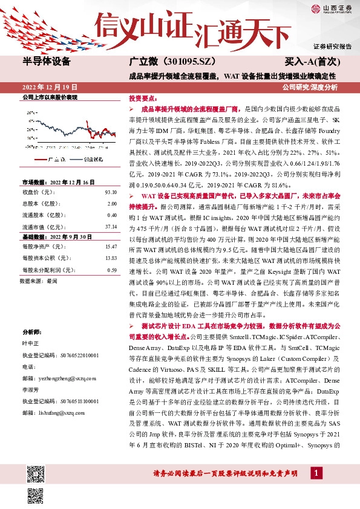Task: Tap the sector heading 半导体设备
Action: click(x=47, y=62)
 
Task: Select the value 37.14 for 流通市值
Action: click(x=110, y=227)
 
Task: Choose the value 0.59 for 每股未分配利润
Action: click(x=111, y=270)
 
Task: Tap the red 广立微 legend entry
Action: click(x=54, y=158)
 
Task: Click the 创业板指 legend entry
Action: click(x=91, y=158)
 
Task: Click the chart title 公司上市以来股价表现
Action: click(x=50, y=97)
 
